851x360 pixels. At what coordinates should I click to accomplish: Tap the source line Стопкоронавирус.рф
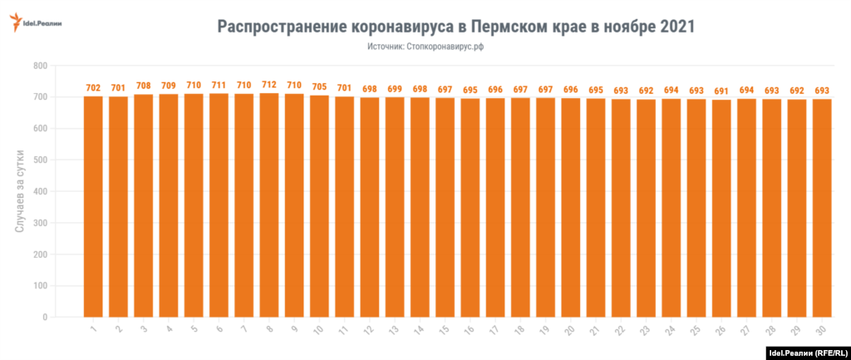coord(425,47)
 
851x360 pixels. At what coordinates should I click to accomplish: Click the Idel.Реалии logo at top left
coord(36,24)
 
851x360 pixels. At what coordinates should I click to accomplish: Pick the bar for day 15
coord(445,207)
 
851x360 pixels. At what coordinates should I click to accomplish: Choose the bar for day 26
coord(721,208)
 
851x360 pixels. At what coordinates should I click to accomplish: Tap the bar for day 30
coord(822,208)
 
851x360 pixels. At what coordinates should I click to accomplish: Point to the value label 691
coord(721,91)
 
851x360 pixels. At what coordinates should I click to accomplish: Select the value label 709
coord(169,85)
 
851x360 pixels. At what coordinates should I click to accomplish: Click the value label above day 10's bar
coord(319,86)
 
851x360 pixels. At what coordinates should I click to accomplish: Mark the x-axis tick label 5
coord(193,330)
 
